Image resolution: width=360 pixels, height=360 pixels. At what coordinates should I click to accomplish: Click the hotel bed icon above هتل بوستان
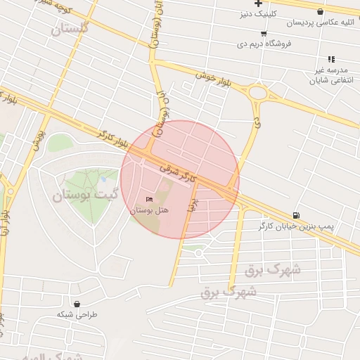[148, 200]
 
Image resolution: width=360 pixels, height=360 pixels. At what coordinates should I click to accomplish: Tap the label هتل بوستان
[148, 210]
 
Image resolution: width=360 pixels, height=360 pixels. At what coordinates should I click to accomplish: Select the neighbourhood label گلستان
[70, 29]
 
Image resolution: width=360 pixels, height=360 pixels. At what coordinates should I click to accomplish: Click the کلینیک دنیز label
[259, 13]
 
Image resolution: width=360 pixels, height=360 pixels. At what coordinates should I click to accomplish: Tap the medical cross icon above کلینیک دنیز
[258, 4]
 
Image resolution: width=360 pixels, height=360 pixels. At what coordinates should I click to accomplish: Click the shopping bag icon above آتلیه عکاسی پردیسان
[321, 12]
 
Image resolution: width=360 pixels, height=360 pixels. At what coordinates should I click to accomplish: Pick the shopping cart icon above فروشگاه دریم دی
[264, 33]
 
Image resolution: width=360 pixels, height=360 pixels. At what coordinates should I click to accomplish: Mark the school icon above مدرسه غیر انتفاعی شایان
[330, 60]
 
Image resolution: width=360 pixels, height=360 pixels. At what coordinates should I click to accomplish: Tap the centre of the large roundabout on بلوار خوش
[258, 93]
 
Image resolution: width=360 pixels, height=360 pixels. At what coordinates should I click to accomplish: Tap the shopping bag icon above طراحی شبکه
[77, 304]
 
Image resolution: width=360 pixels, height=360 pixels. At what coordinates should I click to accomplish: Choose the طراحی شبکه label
[76, 314]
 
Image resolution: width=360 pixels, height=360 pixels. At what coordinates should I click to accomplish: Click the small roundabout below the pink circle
[199, 252]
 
